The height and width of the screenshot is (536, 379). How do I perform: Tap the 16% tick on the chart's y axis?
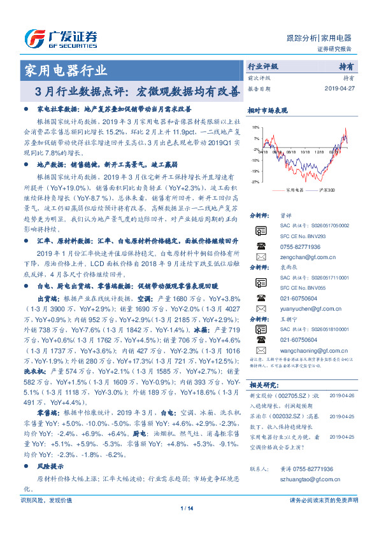pyautogui.click(x=255, y=127)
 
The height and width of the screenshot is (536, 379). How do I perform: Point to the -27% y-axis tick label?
pyautogui.click(x=255, y=182)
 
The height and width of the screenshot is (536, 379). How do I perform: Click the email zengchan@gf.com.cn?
pyautogui.click(x=297, y=257)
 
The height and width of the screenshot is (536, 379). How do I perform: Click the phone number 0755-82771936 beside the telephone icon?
pyautogui.click(x=299, y=246)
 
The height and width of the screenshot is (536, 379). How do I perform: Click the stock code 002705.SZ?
pyautogui.click(x=292, y=395)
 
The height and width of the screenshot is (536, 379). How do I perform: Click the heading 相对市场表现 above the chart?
pyautogui.click(x=266, y=110)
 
